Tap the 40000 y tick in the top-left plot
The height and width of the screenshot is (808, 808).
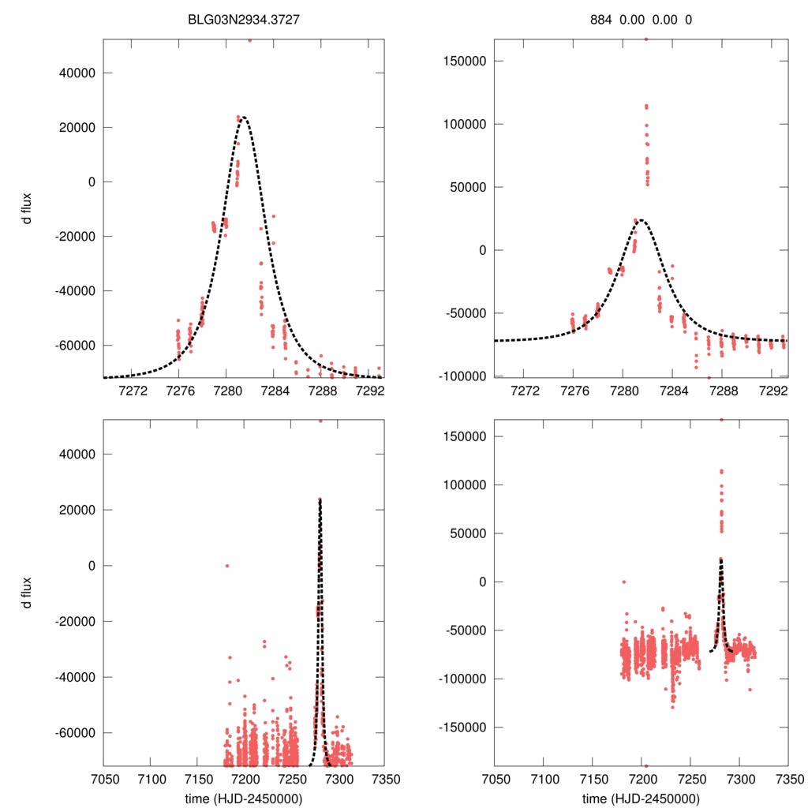[77, 73]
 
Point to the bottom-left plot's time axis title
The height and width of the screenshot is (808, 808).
[244, 799]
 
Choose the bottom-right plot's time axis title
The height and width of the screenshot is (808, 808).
[641, 799]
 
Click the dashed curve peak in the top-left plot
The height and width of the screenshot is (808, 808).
[243, 118]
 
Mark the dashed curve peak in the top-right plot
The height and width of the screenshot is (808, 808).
[641, 220]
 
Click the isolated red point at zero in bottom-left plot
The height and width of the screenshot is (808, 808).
[226, 565]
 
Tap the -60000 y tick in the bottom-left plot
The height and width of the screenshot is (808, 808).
[76, 732]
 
